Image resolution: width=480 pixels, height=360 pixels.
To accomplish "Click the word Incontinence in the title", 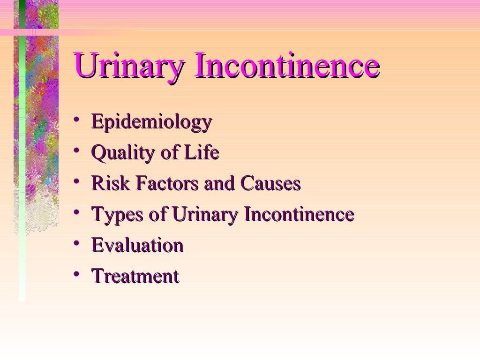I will [286, 66].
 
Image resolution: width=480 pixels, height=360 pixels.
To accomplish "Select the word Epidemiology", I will [151, 122].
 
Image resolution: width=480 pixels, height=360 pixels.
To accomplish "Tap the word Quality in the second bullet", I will [118, 153].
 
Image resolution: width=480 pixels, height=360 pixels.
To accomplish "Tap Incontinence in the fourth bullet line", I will [299, 214].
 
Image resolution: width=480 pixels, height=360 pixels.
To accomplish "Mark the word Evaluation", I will [137, 245].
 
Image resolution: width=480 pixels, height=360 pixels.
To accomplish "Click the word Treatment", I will [135, 276].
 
